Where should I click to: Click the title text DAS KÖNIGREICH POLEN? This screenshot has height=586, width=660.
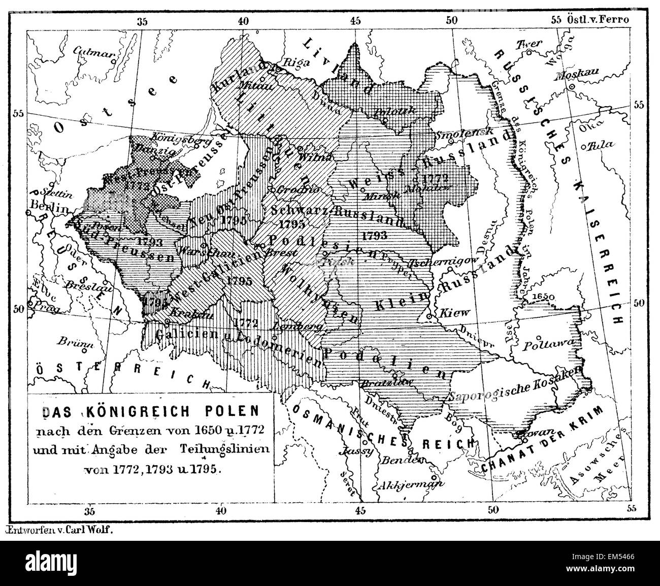click(x=151, y=411)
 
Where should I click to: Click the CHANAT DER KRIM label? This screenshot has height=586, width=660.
click(x=542, y=440)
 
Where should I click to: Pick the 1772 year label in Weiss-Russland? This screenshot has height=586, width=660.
click(x=433, y=178)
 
